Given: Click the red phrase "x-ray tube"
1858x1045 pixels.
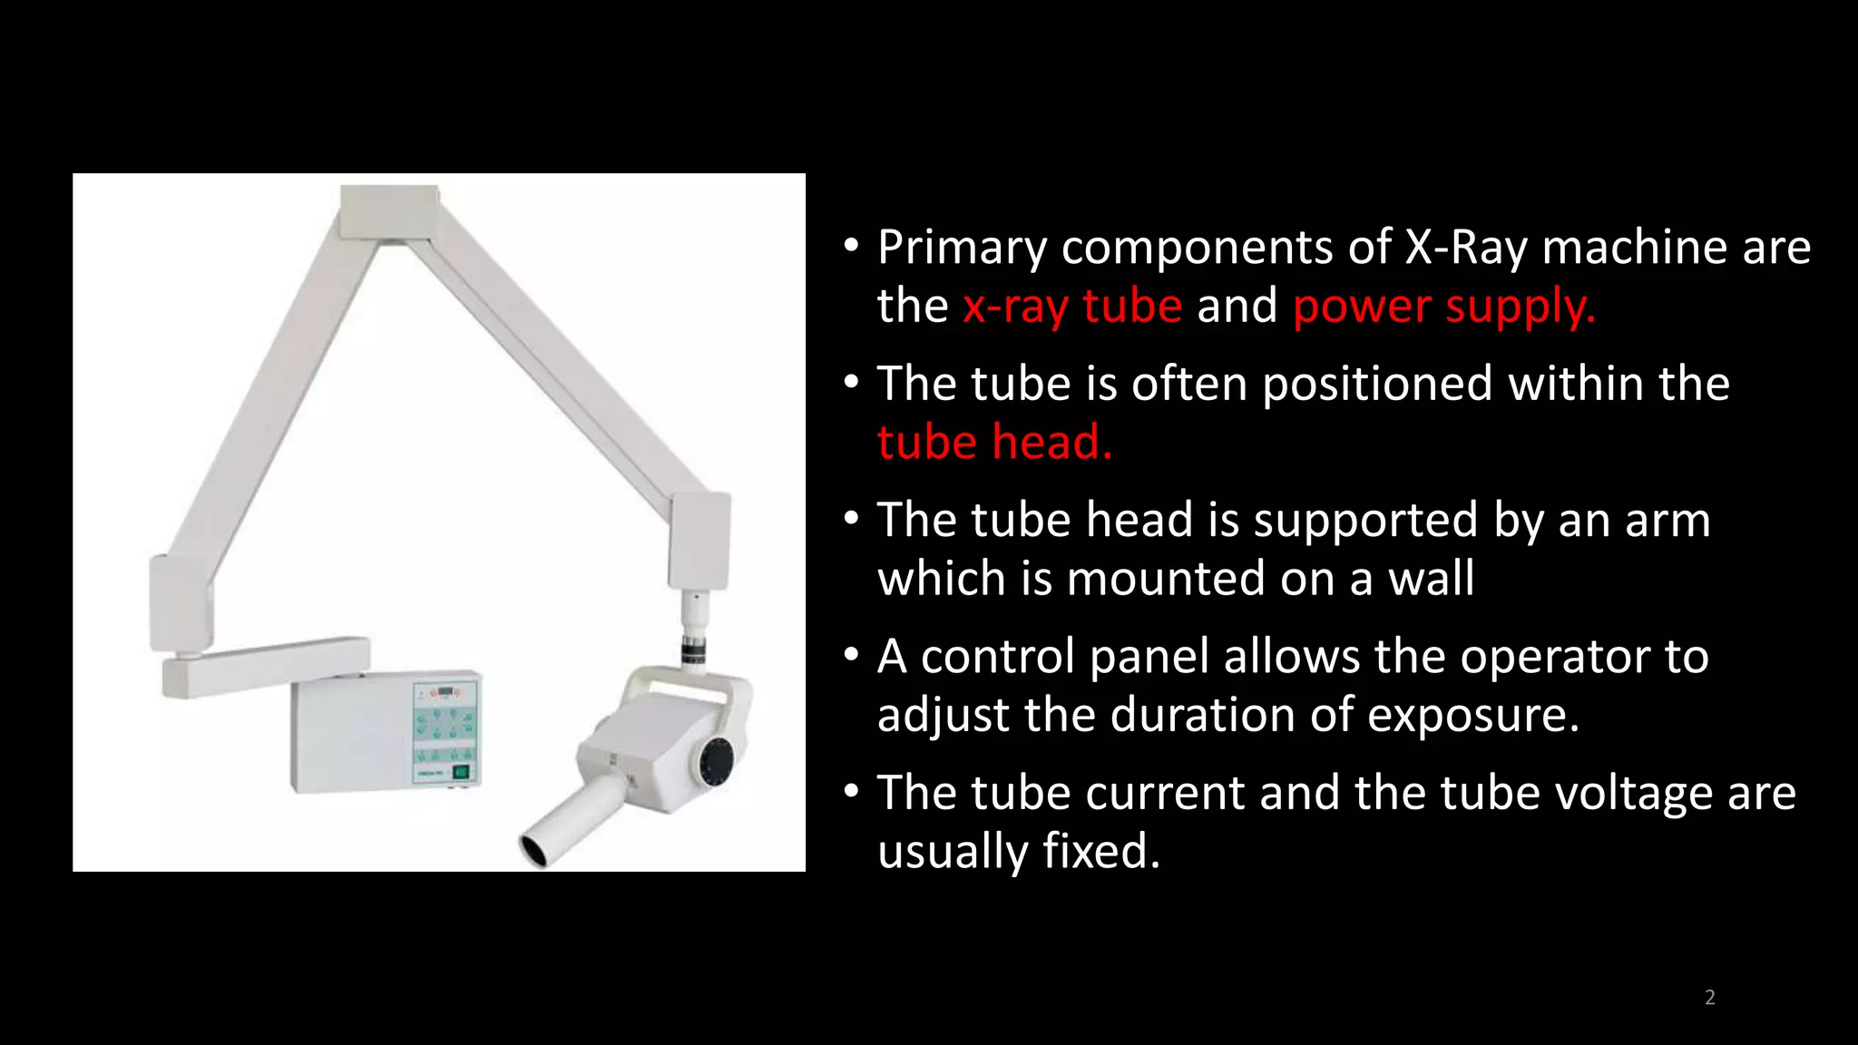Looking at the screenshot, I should pyautogui.click(x=1072, y=306).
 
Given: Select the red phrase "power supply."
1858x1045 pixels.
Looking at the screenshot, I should pyautogui.click(x=1443, y=306).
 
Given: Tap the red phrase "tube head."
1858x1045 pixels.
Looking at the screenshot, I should pyautogui.click(x=994, y=442).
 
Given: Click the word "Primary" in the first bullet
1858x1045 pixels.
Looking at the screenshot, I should pyautogui.click(x=963, y=247).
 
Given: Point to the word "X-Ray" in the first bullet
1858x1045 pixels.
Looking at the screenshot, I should pyautogui.click(x=1466, y=247).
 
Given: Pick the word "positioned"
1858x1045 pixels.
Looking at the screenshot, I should pyautogui.click(x=1377, y=383).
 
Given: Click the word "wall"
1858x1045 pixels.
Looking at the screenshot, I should pyautogui.click(x=1431, y=579).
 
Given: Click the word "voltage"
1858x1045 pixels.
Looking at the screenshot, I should pyautogui.click(x=1634, y=792).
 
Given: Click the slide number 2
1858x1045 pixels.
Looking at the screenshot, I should pyautogui.click(x=1709, y=997).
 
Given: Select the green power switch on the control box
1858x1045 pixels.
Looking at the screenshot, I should pyautogui.click(x=461, y=772).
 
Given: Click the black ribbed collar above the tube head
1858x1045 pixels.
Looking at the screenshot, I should pyautogui.click(x=695, y=650).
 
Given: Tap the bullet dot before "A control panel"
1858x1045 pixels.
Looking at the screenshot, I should pyautogui.click(x=851, y=654).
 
